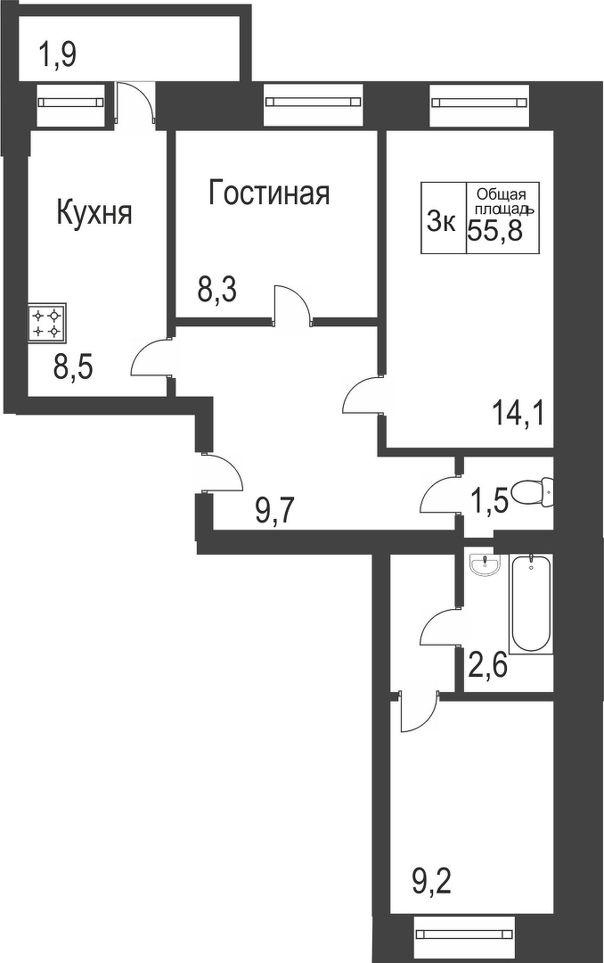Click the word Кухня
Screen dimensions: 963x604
94,213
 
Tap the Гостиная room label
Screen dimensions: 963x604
269,193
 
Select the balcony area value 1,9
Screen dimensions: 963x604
57,56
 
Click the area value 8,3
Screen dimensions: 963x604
216,291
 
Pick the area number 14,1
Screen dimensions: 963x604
518,413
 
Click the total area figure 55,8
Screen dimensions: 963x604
497,229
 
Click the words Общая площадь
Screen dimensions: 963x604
501,201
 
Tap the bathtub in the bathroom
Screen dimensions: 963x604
530,604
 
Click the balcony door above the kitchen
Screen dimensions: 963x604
136,103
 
